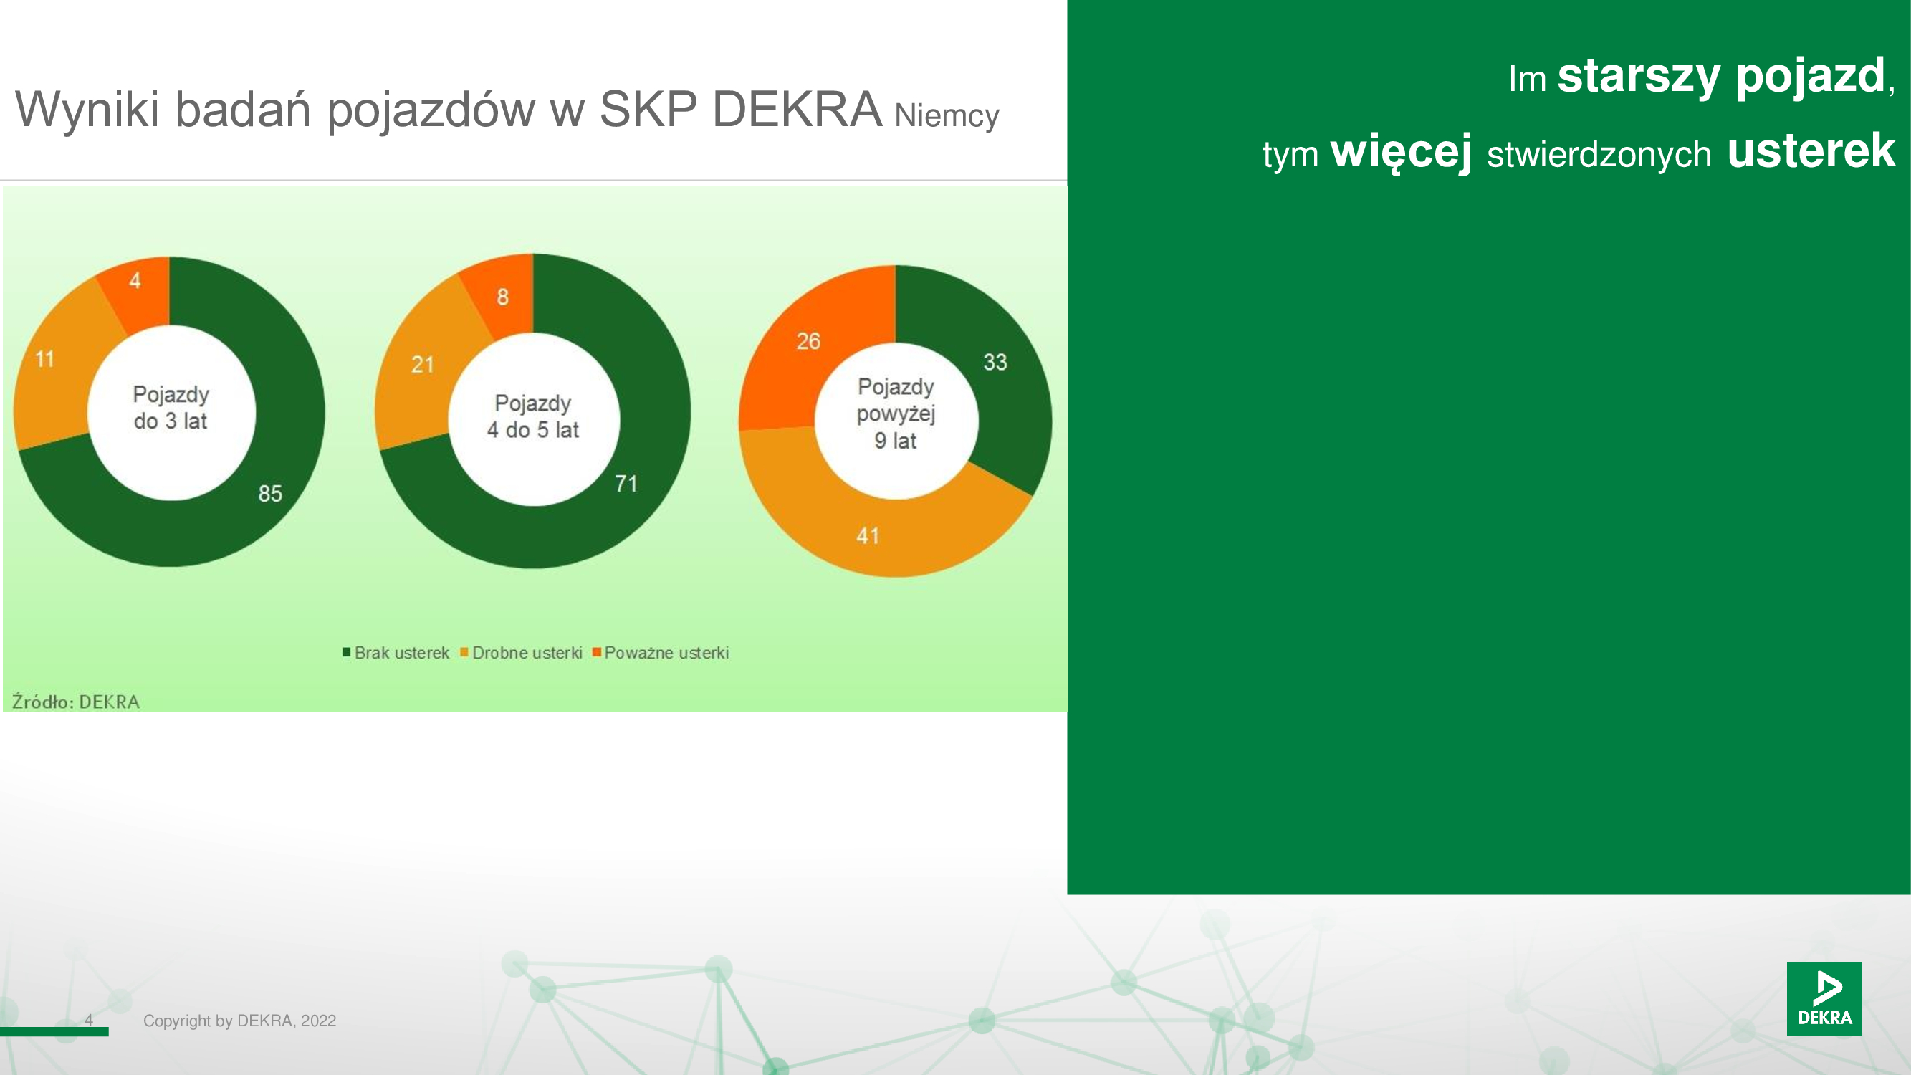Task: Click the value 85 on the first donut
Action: coord(270,493)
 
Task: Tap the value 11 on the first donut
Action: coord(45,359)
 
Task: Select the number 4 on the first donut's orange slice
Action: coord(135,280)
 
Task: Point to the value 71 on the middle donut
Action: coord(626,484)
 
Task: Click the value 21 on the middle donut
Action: coord(423,364)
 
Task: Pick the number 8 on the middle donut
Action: coord(503,297)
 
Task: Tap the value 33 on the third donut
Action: coord(995,362)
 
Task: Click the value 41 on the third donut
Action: coord(868,535)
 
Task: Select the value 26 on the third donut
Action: coord(809,341)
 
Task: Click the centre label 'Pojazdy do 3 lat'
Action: coord(171,407)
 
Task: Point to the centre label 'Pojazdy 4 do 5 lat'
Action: coord(532,416)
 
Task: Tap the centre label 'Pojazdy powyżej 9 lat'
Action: coord(896,414)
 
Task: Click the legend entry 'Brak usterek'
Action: coord(396,653)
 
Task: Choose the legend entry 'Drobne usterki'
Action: coord(522,653)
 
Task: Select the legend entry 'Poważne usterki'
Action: coord(661,653)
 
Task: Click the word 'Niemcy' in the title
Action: coord(947,115)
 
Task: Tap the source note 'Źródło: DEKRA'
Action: coord(76,701)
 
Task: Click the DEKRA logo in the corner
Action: coord(1824,998)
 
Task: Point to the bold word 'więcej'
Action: coord(1402,152)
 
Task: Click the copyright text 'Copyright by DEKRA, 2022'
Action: coord(239,1021)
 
